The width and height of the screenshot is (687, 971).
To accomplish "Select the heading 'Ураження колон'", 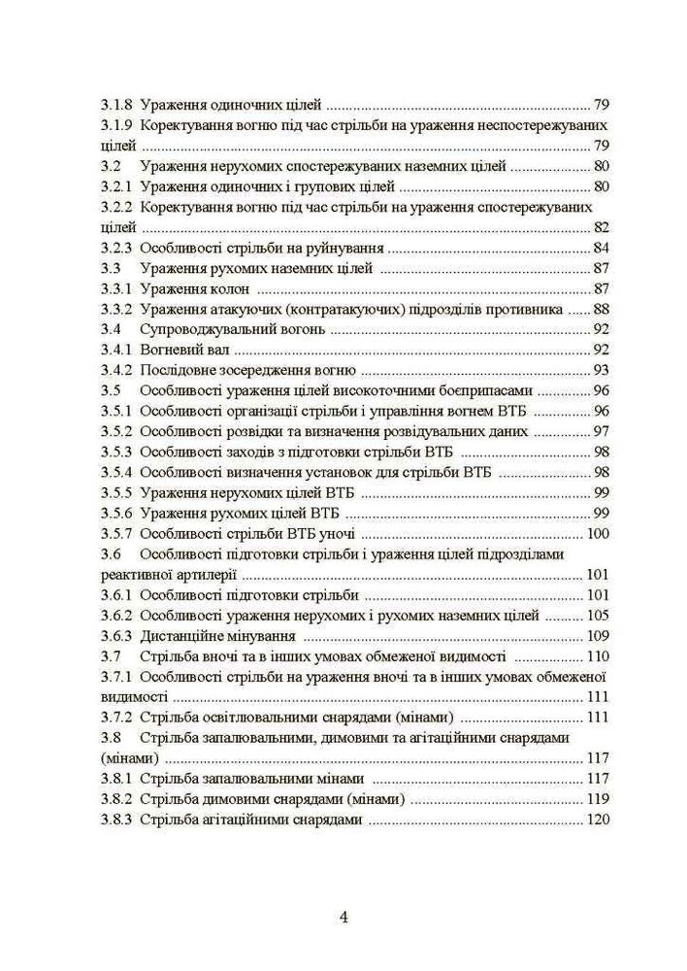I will click(195, 288).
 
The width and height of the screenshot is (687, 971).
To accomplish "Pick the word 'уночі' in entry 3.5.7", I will click(337, 533).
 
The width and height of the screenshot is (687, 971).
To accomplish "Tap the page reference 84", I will click(601, 248).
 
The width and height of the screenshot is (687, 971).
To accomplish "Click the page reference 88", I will click(601, 309).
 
